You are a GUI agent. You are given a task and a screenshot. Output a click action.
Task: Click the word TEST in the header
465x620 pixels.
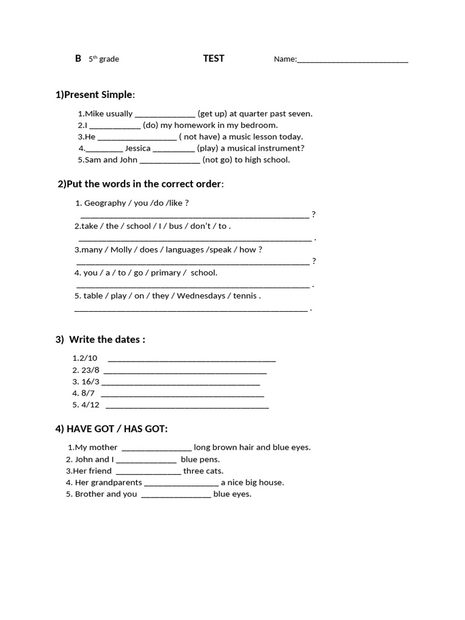click(x=213, y=59)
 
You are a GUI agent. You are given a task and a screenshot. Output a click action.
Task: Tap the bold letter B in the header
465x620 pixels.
click(x=77, y=59)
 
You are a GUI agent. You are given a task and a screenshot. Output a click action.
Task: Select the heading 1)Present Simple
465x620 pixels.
click(x=95, y=94)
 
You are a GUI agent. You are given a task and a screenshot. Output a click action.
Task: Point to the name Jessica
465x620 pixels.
click(x=137, y=148)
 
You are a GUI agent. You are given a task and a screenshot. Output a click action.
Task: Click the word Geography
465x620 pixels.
click(x=105, y=203)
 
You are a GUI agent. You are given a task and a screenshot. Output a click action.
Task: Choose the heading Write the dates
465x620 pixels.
click(x=107, y=340)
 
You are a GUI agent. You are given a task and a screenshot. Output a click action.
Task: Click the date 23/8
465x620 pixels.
click(x=90, y=370)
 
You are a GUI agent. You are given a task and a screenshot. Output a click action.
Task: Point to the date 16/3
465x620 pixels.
click(x=90, y=381)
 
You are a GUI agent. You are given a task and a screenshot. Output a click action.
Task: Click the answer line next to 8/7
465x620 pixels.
click(x=182, y=395)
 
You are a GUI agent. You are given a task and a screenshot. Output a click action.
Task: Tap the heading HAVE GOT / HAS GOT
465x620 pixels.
click(x=111, y=429)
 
